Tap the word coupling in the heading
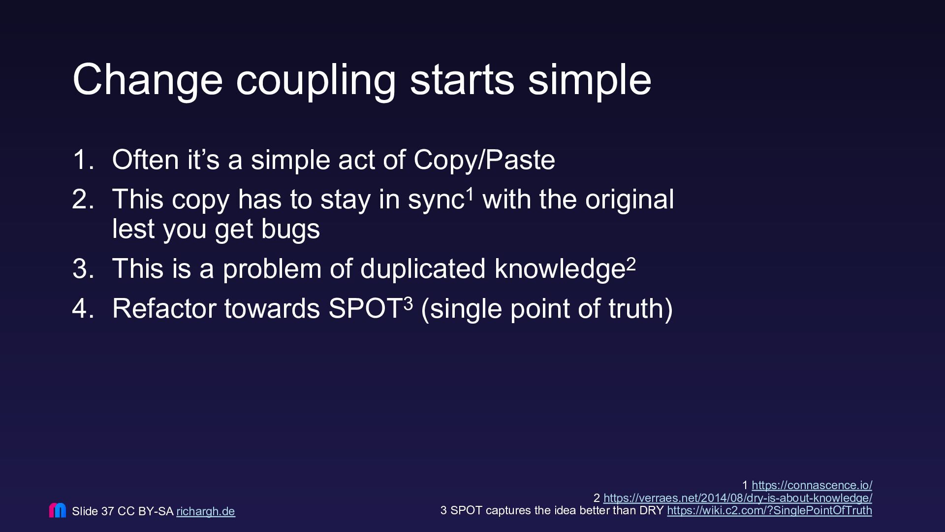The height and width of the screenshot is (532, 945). coord(316,81)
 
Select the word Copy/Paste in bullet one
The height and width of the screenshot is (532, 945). coord(484,161)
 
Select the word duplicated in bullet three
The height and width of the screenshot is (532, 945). coord(423,269)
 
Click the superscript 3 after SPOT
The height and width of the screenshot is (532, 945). coord(409,304)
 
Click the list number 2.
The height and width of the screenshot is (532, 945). coord(83,199)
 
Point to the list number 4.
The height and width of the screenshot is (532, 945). coord(83,309)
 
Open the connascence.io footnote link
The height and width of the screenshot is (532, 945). coord(812,485)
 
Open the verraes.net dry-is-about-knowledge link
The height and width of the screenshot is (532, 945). coord(738,498)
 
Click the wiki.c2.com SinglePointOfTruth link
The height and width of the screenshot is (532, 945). coord(769,510)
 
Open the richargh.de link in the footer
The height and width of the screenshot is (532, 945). coord(206,511)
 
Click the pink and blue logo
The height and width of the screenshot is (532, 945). coord(58,510)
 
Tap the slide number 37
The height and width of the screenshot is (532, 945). coord(107,511)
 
